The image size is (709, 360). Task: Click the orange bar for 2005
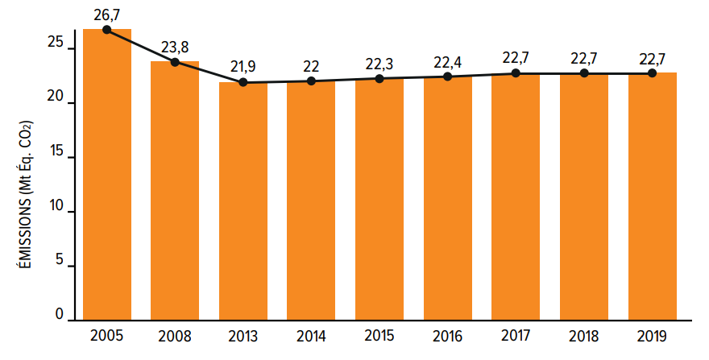tap(107, 175)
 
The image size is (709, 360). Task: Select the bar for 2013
tap(243, 201)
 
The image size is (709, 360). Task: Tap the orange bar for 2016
tap(448, 199)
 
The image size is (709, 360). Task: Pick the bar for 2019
tap(653, 197)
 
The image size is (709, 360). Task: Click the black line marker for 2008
tap(175, 62)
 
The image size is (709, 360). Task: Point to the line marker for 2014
tap(311, 81)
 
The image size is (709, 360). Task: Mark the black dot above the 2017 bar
tap(516, 72)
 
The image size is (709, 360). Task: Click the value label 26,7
tap(106, 15)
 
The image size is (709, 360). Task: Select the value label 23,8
tap(175, 47)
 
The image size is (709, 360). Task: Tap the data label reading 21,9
tap(243, 67)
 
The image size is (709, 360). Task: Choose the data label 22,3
tap(379, 64)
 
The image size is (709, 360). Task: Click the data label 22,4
tap(448, 62)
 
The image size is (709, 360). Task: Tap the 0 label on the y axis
tap(60, 314)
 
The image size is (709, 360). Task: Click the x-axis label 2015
tap(379, 336)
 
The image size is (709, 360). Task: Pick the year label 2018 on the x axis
tap(584, 337)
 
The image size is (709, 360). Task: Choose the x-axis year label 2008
tap(175, 337)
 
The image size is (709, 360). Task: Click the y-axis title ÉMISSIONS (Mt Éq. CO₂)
tap(27, 195)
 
